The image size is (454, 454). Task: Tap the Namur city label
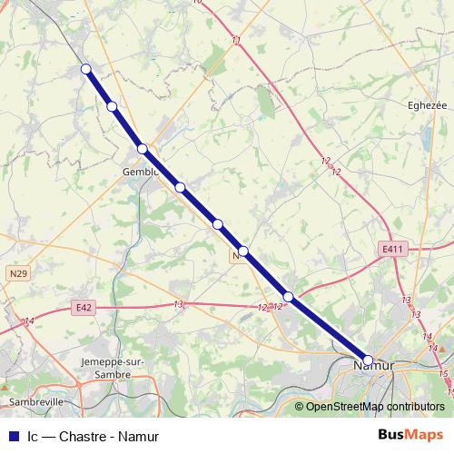click(372, 365)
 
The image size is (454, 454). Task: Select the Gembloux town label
click(142, 171)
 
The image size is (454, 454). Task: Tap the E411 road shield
click(393, 249)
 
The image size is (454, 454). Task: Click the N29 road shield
click(18, 271)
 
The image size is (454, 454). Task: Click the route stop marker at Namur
click(368, 360)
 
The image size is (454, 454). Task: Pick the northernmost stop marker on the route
click(86, 69)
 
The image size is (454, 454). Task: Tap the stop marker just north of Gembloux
click(143, 149)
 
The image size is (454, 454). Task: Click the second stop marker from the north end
click(113, 107)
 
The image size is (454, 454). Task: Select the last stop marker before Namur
click(288, 297)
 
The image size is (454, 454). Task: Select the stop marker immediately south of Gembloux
click(181, 188)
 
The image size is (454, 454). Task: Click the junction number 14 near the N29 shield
click(29, 321)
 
